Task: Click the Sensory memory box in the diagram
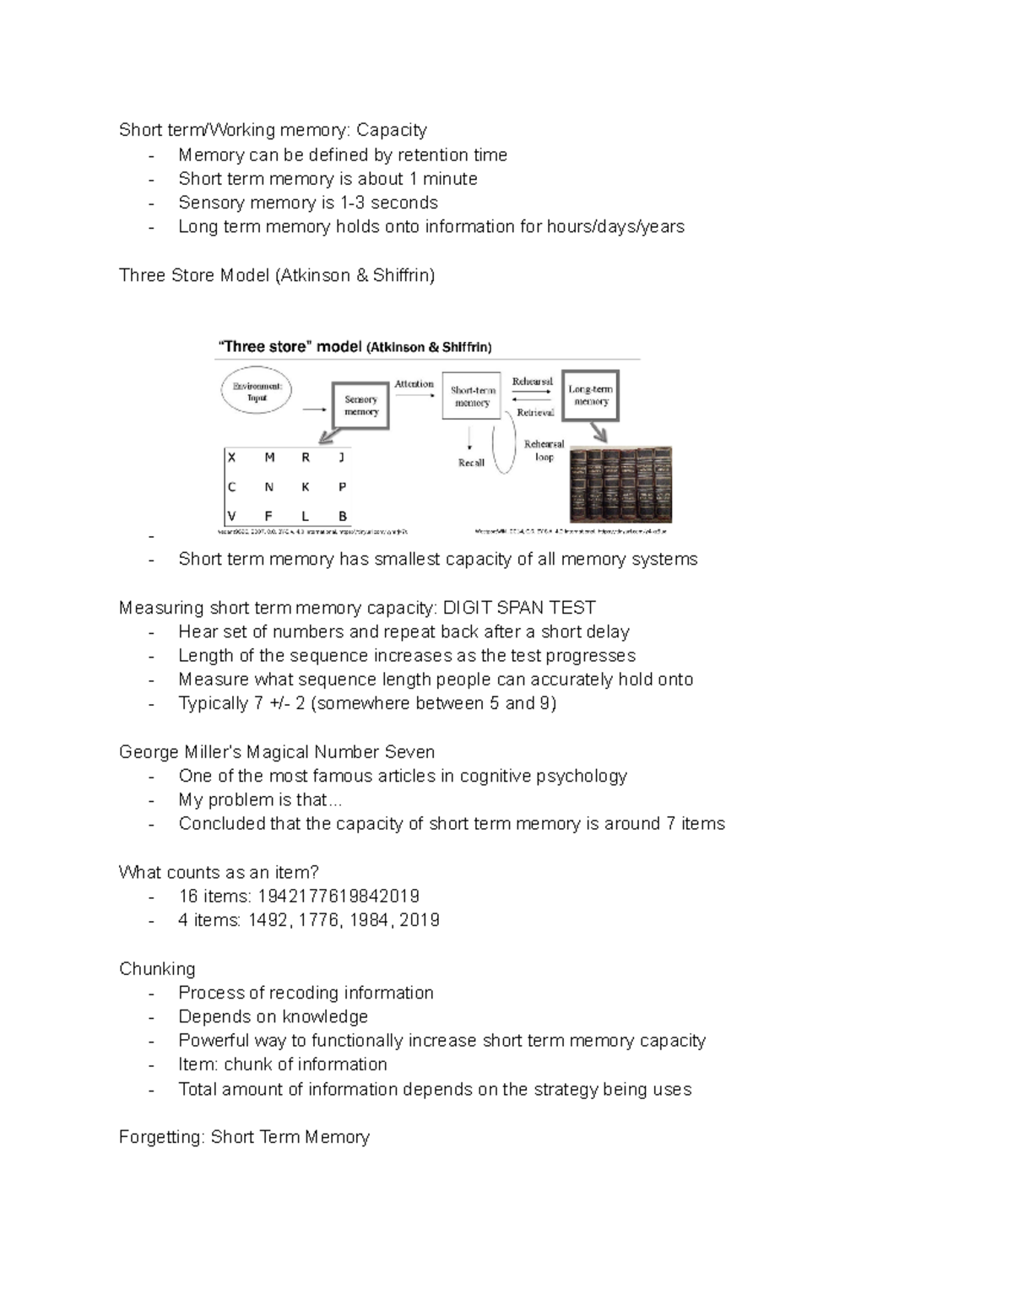tap(360, 406)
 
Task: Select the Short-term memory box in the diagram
tap(472, 397)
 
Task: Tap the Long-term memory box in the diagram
tap(591, 395)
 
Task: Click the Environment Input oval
tap(257, 392)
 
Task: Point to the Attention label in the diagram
tap(414, 383)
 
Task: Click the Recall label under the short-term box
tap(471, 463)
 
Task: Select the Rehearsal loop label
tap(544, 450)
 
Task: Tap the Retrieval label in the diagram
tap(535, 413)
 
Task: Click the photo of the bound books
tap(621, 485)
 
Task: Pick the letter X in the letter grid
tap(232, 458)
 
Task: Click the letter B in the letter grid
tap(343, 516)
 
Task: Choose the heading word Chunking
tap(157, 968)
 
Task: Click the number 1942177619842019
tap(339, 896)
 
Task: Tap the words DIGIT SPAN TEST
tap(519, 608)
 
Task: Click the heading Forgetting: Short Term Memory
tap(244, 1137)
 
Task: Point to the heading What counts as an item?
tap(219, 872)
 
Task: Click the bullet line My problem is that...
tap(260, 799)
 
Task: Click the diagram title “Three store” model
tap(290, 347)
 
